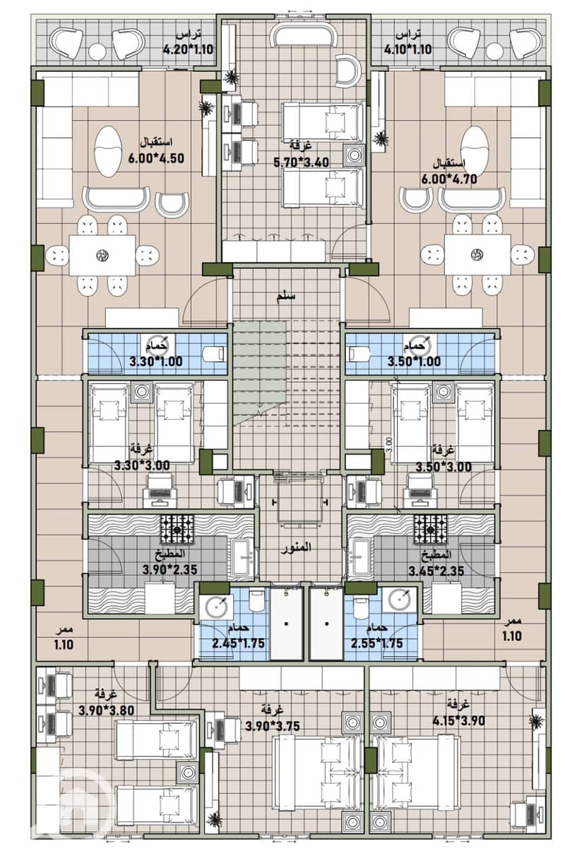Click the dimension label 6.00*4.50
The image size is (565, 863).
point(156,158)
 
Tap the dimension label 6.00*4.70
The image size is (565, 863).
point(449,179)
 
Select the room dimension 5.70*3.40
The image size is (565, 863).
point(302,162)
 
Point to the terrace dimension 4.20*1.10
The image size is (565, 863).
point(188,49)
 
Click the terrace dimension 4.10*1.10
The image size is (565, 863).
point(408,49)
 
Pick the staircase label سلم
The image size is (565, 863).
point(286,297)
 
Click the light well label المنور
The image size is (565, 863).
point(296,548)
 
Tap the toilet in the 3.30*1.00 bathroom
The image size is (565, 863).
point(213,353)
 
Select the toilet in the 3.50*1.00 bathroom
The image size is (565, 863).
point(359,353)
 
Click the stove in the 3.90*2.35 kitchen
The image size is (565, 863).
point(177,530)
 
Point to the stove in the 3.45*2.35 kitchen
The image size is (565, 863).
point(431,529)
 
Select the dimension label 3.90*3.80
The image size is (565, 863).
point(107,710)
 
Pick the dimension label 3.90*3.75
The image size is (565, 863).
point(273,726)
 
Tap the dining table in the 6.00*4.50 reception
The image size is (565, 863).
point(102,255)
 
